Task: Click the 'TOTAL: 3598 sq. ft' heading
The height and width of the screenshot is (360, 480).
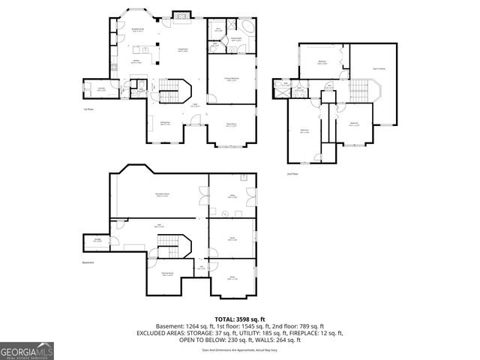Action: click(239, 319)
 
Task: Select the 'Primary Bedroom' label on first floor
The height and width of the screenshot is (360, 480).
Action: click(233, 78)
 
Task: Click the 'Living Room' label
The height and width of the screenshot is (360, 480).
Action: click(182, 49)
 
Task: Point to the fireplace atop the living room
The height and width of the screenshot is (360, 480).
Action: click(181, 16)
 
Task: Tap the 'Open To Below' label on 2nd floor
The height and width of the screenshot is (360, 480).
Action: click(379, 69)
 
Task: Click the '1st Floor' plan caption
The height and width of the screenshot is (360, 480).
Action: click(88, 109)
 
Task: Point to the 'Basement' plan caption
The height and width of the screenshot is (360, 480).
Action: click(88, 262)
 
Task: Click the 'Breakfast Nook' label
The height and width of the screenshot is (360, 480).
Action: click(137, 31)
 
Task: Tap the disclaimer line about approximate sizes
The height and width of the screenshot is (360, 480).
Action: click(239, 349)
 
